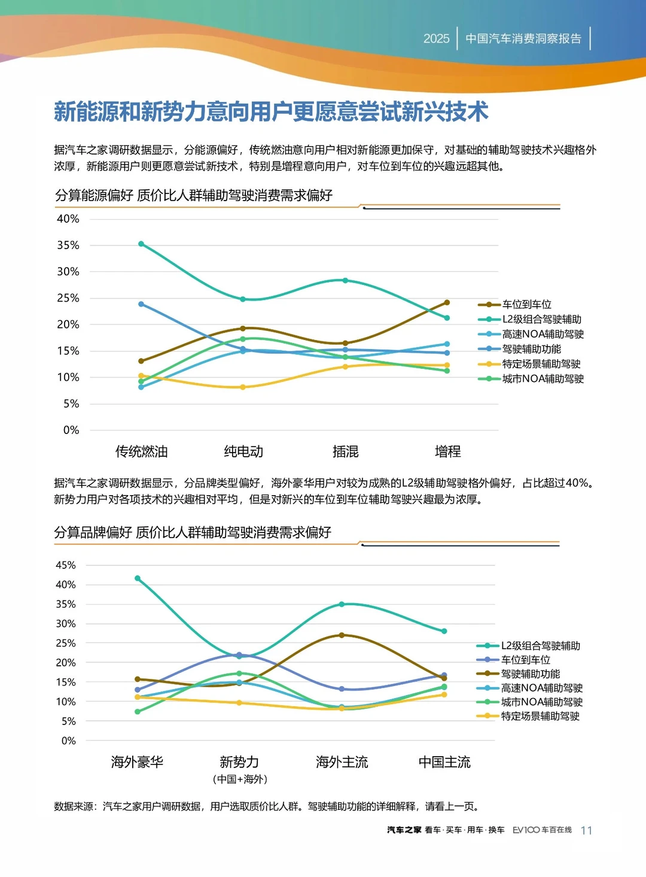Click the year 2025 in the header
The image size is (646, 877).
(436, 38)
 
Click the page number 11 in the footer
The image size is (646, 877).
(586, 830)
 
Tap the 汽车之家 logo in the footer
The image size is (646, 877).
(404, 830)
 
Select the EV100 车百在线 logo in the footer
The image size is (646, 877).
(542, 830)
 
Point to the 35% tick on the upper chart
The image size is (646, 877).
(68, 245)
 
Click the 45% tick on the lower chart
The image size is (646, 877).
(66, 565)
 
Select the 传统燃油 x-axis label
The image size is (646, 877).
(141, 451)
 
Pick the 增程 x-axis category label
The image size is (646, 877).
(447, 451)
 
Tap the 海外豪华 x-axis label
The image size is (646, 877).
(137, 762)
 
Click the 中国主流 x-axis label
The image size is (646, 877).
(444, 762)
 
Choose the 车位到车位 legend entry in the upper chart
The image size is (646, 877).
(526, 305)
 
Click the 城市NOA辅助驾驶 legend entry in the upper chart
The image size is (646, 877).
(543, 379)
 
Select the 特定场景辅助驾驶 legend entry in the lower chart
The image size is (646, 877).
(540, 716)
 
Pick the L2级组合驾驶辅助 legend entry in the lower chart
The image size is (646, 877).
(540, 646)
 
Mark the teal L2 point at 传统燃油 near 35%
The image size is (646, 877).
(141, 244)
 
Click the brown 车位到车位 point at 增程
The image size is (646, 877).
(447, 302)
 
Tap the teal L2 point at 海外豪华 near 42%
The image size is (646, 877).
(138, 578)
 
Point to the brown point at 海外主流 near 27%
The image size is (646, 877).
(342, 635)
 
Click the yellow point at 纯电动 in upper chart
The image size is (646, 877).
(243, 387)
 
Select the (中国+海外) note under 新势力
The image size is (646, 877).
(240, 779)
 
